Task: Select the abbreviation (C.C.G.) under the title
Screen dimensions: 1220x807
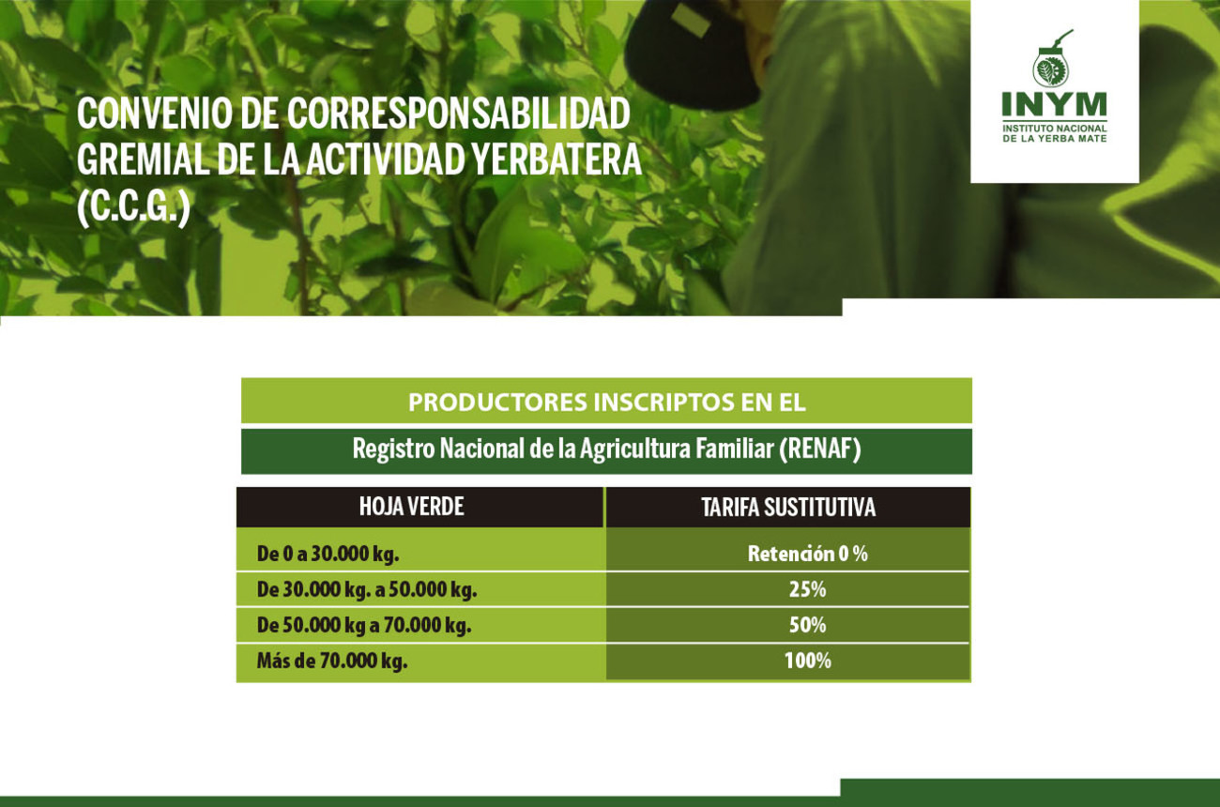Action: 133,207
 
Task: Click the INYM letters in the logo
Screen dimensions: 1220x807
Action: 1055,104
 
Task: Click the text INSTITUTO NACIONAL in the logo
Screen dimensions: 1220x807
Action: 1055,129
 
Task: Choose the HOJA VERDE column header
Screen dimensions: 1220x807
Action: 412,507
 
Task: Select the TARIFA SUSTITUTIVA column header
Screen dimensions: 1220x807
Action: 788,507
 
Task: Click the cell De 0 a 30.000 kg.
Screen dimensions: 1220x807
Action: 328,555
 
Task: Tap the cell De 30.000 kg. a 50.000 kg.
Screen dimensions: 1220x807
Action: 367,589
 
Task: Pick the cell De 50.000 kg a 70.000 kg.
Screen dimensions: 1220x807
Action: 364,625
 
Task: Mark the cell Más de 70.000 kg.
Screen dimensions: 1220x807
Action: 332,661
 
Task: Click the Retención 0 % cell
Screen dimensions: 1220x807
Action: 808,554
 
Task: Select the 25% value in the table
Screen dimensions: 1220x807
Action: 808,589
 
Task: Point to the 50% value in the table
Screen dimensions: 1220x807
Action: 808,625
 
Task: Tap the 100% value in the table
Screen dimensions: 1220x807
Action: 808,661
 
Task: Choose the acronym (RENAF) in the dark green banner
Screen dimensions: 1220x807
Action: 820,449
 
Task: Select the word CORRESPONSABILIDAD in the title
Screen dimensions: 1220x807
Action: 459,114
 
